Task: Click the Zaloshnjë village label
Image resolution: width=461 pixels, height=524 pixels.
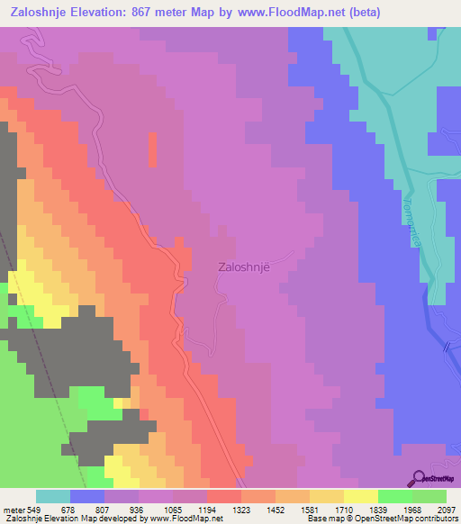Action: pyautogui.click(x=244, y=267)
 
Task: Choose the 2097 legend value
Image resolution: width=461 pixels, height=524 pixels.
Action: pyautogui.click(x=444, y=509)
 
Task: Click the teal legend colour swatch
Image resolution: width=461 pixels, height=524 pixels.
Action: pyautogui.click(x=53, y=496)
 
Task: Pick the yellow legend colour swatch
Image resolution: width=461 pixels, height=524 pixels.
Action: pyautogui.click(x=360, y=496)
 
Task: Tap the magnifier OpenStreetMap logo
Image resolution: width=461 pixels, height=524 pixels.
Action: pyautogui.click(x=418, y=480)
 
